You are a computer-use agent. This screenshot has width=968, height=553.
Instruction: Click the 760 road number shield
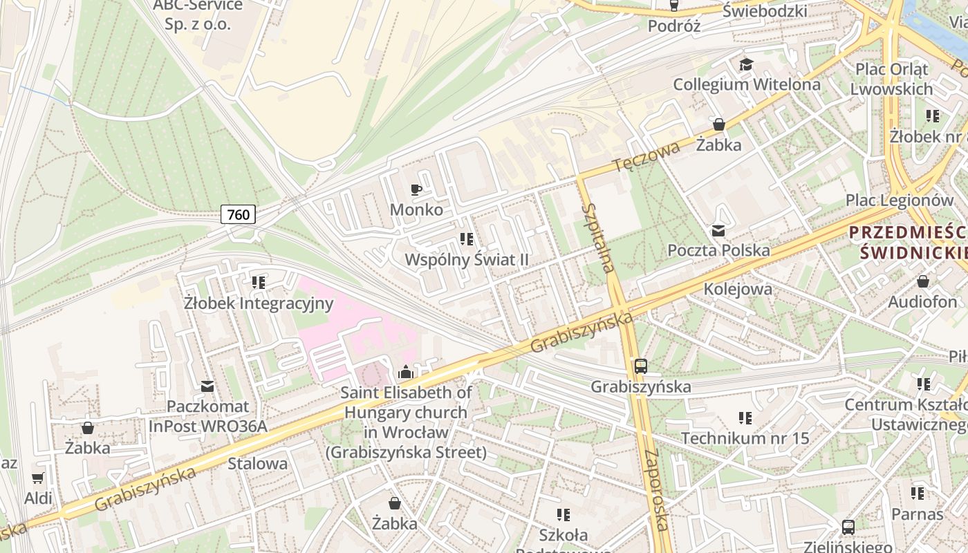pyautogui.click(x=239, y=214)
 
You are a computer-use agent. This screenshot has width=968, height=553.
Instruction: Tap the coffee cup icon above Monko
pyautogui.click(x=416, y=189)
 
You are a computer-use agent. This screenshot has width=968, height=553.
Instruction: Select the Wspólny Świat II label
pyautogui.click(x=467, y=260)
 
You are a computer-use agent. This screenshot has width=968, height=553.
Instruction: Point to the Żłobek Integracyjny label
pyautogui.click(x=259, y=303)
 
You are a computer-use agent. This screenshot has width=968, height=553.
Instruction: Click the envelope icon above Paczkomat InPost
pyautogui.click(x=207, y=386)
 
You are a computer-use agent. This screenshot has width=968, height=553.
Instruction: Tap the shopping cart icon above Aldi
pyautogui.click(x=38, y=478)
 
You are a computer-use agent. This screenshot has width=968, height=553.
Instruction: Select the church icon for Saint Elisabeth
pyautogui.click(x=406, y=373)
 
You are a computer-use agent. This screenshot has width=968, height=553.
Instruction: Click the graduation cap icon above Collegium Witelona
pyautogui.click(x=746, y=65)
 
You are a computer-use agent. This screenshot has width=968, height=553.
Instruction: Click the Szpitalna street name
pyautogui.click(x=599, y=238)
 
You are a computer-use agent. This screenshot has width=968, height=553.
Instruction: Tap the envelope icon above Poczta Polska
pyautogui.click(x=718, y=231)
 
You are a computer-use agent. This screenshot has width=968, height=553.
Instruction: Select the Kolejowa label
pyautogui.click(x=738, y=289)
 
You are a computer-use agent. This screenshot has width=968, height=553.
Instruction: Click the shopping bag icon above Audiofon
pyautogui.click(x=922, y=281)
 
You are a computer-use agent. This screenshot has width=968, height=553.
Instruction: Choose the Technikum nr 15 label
pyautogui.click(x=745, y=438)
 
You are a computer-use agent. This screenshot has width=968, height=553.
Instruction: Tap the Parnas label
pyautogui.click(x=917, y=514)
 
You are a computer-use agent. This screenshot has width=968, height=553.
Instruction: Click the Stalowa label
pyautogui.click(x=258, y=463)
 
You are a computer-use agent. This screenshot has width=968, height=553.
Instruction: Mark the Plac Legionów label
pyautogui.click(x=900, y=200)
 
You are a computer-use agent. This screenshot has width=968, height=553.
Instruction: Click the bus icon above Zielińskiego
pyautogui.click(x=848, y=527)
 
